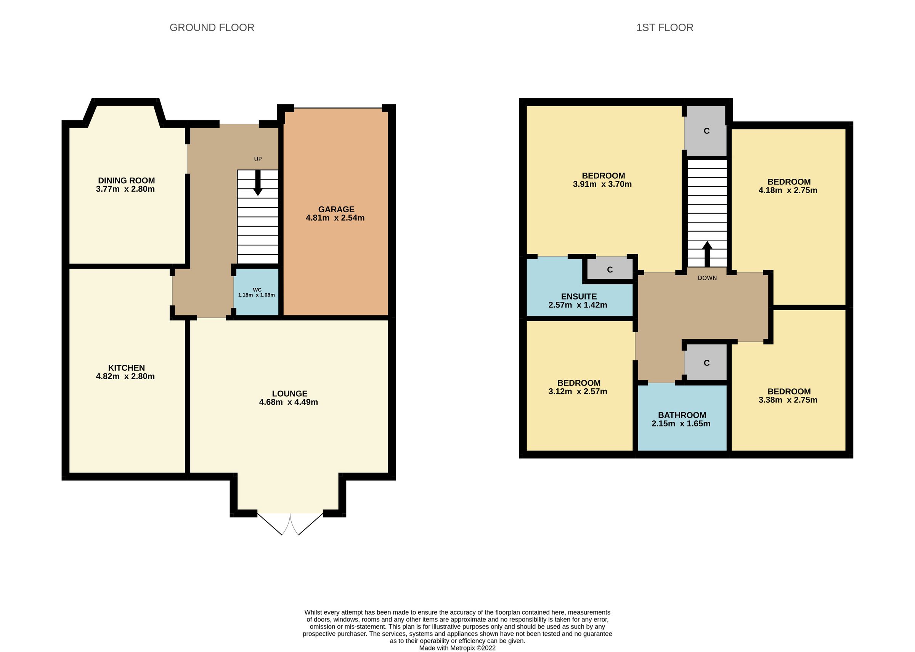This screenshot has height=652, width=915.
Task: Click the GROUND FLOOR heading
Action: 212,28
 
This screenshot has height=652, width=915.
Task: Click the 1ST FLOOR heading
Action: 665,28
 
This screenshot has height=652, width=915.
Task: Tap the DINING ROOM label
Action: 126,181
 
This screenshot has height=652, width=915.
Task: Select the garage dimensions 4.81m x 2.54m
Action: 335,218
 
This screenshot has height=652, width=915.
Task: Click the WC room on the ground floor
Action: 257,292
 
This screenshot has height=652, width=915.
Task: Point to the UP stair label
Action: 258,159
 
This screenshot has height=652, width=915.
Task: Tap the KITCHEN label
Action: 126,368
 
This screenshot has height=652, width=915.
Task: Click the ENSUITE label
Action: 578,296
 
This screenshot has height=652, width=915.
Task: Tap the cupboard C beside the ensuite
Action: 610,270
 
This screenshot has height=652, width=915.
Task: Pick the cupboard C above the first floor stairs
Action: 706,131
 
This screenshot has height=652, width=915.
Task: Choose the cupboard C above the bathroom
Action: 706,363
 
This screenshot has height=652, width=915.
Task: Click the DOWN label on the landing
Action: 707,278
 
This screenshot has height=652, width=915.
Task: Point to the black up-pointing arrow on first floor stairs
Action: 707,253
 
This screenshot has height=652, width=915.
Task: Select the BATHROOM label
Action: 682,415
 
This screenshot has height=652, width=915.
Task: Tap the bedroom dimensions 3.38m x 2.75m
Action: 788,400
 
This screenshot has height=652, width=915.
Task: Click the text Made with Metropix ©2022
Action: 457,647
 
